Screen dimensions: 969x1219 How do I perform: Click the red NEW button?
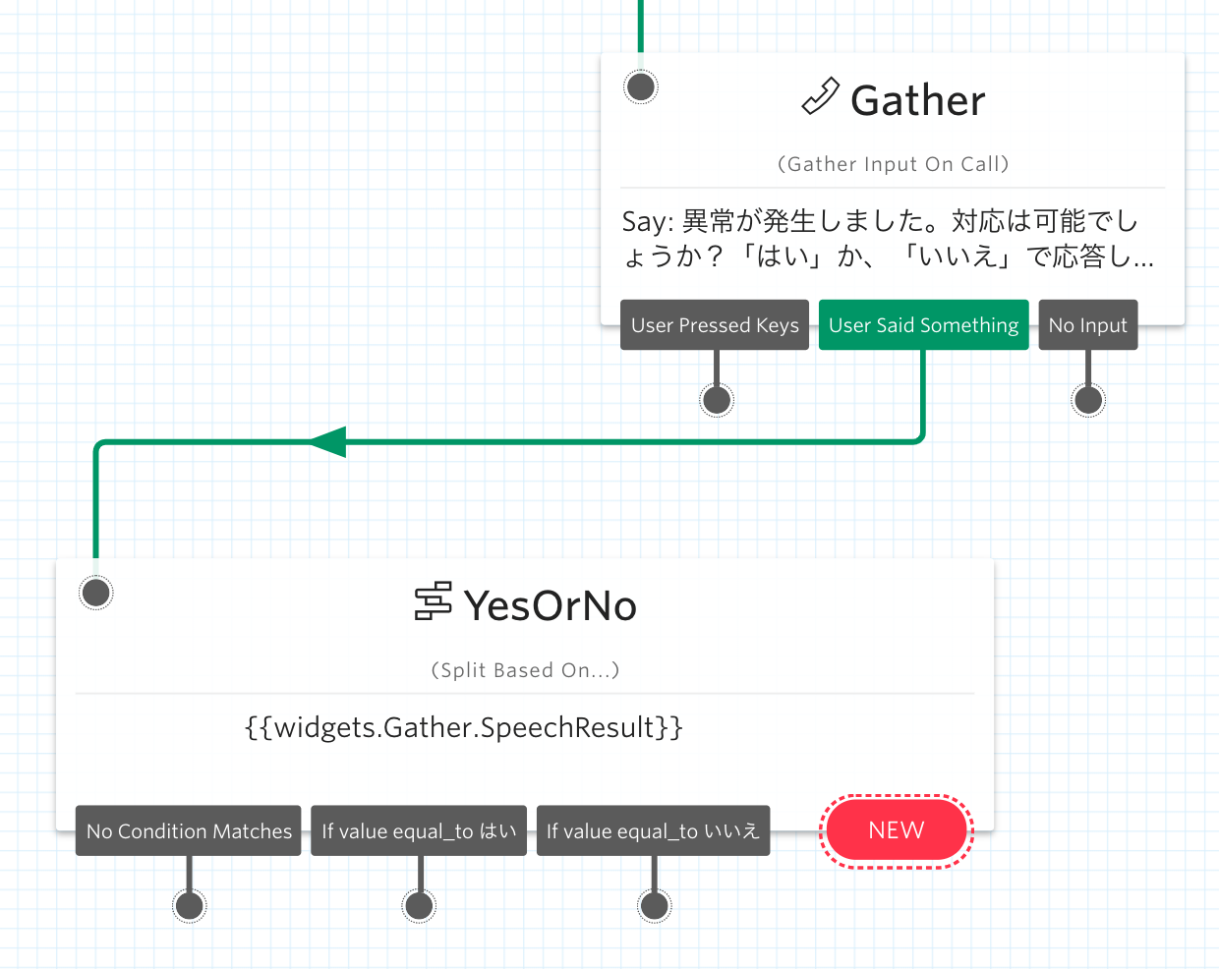pyautogui.click(x=897, y=831)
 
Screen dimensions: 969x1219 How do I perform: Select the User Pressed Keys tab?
pyautogui.click(x=715, y=325)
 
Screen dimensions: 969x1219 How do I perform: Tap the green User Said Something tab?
pyautogui.click(x=923, y=325)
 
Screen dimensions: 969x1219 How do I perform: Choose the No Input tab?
pyautogui.click(x=1087, y=325)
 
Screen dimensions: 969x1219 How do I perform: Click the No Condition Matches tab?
pyautogui.click(x=189, y=831)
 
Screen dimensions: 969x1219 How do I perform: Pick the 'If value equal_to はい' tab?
pyautogui.click(x=419, y=831)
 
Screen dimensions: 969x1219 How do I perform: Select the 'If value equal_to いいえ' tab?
pyautogui.click(x=653, y=831)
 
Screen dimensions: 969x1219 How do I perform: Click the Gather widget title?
pyautogui.click(x=917, y=100)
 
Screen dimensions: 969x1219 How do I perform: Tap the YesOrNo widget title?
pyautogui.click(x=550, y=605)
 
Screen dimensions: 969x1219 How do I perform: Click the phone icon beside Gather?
pyautogui.click(x=820, y=97)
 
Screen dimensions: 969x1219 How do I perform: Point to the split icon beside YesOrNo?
pyautogui.click(x=433, y=601)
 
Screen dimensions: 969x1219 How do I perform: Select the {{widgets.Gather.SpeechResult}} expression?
pyautogui.click(x=463, y=727)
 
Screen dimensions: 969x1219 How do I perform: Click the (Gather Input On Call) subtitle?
pyautogui.click(x=893, y=164)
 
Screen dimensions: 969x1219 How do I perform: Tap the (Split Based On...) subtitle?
pyautogui.click(x=525, y=670)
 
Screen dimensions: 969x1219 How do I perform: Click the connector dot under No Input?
pyautogui.click(x=1087, y=400)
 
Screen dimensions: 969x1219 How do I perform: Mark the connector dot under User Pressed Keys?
pyautogui.click(x=717, y=400)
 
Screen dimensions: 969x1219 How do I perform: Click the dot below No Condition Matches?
pyautogui.click(x=189, y=905)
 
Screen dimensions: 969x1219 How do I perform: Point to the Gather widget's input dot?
pyautogui.click(x=641, y=87)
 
